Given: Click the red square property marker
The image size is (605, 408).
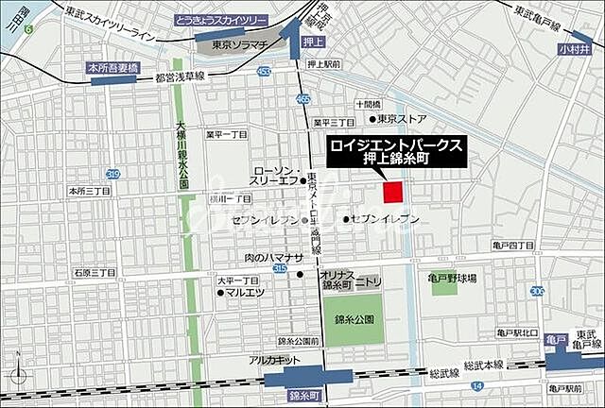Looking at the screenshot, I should click(392, 191).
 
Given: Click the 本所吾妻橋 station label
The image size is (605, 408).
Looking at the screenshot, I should click(113, 68).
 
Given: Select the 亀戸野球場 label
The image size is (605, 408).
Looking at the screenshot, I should click(452, 280).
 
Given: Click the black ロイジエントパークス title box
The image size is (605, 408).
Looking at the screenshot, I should click(396, 151).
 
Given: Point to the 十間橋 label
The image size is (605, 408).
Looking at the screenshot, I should click(368, 104).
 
